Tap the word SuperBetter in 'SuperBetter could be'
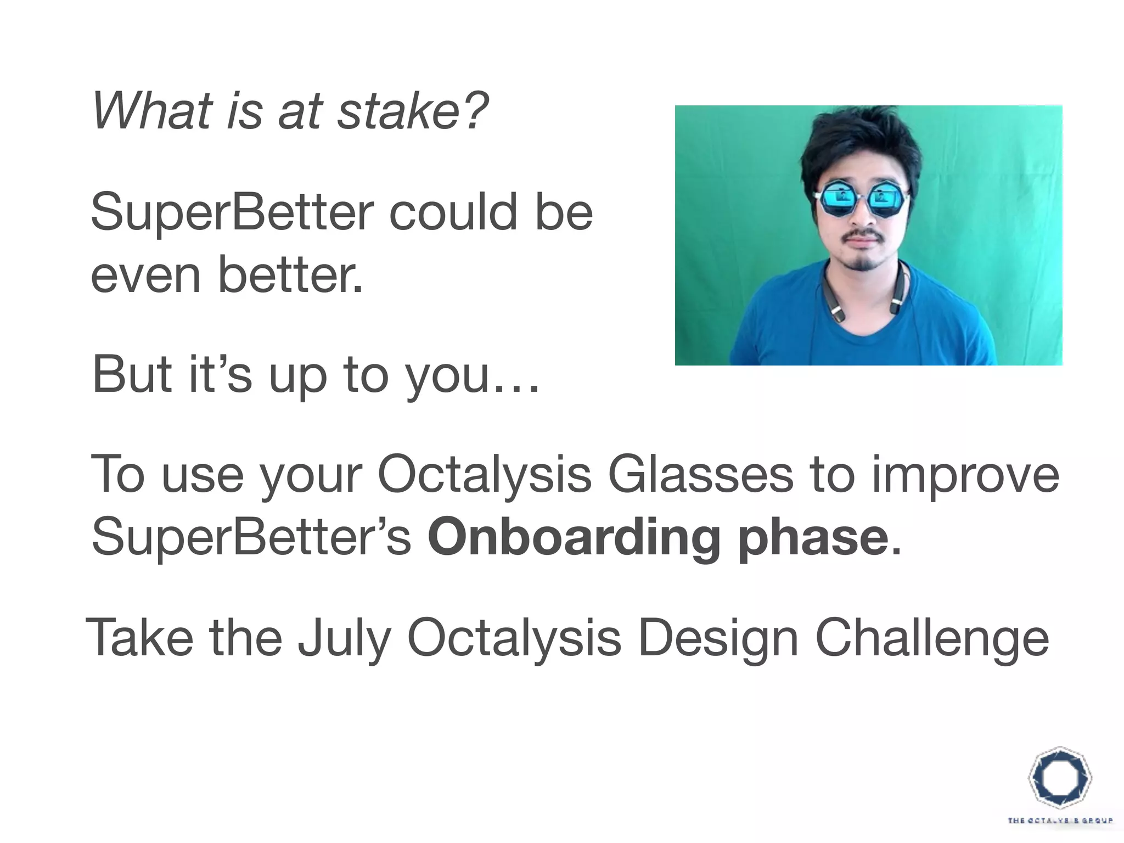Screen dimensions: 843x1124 point(232,212)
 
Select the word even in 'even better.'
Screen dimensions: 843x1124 point(145,275)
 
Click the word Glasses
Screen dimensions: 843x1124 point(700,475)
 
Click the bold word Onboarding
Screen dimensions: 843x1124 point(574,539)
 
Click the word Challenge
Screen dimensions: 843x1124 point(932,638)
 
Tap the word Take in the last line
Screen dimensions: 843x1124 point(140,637)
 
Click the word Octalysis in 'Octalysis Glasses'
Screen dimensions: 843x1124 point(485,476)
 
